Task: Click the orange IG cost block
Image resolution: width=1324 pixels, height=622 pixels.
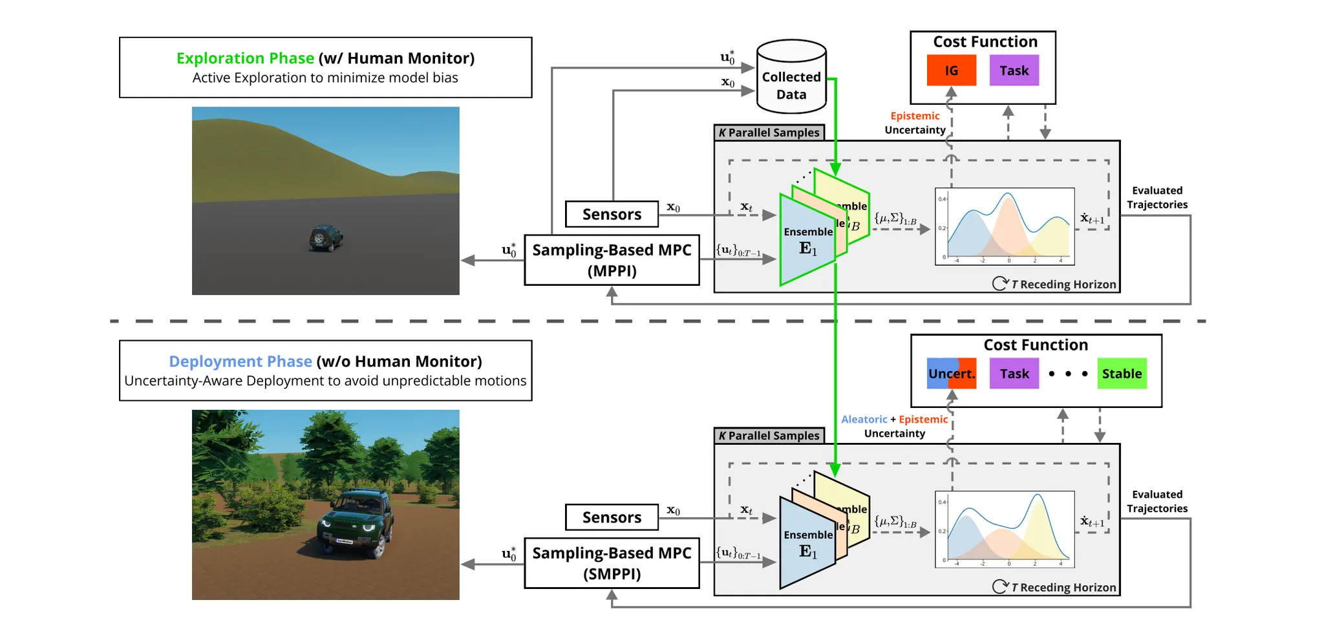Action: [951, 70]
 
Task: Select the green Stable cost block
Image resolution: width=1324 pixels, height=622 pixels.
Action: [1122, 374]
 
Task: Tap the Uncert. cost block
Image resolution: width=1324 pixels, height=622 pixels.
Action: [951, 374]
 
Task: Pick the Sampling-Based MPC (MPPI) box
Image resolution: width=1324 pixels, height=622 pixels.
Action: [612, 260]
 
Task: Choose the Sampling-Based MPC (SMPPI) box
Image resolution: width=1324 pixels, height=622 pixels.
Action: [612, 563]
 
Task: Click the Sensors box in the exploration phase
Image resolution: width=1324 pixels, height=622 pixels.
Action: [612, 214]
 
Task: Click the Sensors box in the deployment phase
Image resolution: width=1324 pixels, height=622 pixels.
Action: [612, 517]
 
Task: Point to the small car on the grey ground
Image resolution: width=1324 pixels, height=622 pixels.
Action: [325, 238]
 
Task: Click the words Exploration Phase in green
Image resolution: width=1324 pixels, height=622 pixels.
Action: [245, 58]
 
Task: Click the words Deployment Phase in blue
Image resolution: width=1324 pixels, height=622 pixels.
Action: [240, 361]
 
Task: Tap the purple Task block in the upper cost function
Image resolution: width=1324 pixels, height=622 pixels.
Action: [1014, 70]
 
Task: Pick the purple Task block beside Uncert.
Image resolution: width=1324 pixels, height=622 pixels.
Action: [1014, 374]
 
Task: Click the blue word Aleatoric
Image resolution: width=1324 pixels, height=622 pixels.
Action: [864, 420]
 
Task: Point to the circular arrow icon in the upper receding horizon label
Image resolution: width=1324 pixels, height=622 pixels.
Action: [999, 284]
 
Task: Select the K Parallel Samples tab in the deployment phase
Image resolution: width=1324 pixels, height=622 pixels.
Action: [769, 436]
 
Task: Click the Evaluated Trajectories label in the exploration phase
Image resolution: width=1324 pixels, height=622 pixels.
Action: [1157, 198]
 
